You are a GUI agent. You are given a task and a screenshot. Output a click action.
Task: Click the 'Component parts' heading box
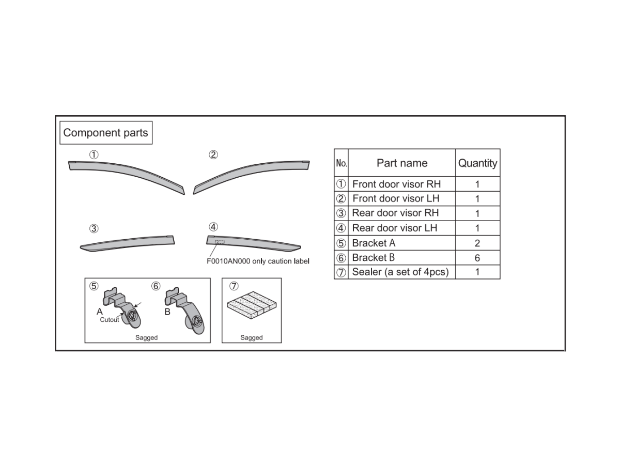105,133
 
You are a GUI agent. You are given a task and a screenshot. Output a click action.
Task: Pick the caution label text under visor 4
258,261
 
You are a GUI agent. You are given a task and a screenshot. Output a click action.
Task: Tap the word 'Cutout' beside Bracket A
110,320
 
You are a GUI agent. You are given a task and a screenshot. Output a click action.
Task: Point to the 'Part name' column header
402,163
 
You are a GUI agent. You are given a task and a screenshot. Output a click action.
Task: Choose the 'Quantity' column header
477,163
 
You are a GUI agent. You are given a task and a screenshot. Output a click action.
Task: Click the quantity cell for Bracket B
477,257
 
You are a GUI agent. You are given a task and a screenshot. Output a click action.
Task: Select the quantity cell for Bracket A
477,243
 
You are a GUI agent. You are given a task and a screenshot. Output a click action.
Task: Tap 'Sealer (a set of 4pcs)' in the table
400,272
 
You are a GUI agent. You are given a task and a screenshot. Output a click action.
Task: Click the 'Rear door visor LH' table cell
395,228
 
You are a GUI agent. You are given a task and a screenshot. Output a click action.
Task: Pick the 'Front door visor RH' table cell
396,184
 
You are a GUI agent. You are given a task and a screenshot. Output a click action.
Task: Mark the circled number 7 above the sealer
234,286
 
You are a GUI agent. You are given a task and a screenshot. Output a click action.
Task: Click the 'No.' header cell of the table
341,163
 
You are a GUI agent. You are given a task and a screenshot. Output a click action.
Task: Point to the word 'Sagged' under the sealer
252,337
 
